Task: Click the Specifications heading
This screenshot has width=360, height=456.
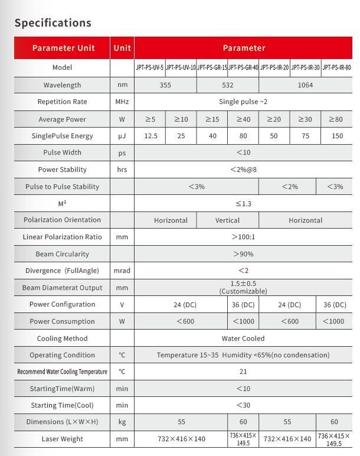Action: tap(53, 23)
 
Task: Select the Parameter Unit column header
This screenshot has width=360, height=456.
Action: tap(62, 48)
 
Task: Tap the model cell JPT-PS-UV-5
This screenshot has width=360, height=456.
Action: tap(149, 68)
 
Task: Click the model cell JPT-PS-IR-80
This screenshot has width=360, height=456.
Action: tap(336, 68)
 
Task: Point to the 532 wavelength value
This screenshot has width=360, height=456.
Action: tap(227, 85)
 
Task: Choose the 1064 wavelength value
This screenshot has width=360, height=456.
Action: tap(305, 85)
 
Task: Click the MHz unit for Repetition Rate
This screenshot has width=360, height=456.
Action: tap(122, 102)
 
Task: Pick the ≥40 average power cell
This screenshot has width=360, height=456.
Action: tap(243, 119)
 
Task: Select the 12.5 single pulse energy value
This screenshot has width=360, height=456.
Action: tap(150, 136)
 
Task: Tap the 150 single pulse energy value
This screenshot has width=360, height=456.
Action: tap(337, 136)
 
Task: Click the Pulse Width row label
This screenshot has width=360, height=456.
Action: tap(62, 152)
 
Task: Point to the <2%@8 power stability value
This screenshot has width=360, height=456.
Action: tap(243, 170)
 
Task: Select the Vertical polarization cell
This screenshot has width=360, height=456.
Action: tap(227, 220)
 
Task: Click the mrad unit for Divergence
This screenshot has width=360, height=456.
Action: tap(122, 271)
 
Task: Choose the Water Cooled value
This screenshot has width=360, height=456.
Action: tap(243, 338)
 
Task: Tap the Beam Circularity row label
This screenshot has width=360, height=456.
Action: tap(62, 254)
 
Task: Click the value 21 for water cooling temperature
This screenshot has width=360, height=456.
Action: tap(243, 372)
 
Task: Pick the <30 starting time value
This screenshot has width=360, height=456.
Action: tap(243, 405)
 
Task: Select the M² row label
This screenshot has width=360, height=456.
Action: tap(62, 203)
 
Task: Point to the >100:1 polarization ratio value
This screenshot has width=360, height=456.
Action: tap(243, 237)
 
